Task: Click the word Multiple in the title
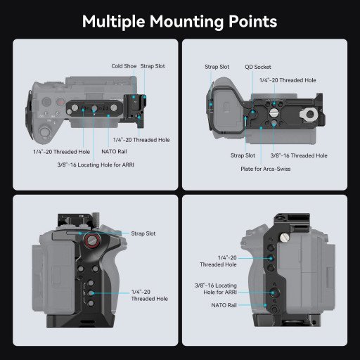click(x=113, y=21)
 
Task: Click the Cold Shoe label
click(x=124, y=66)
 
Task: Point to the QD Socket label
click(x=256, y=67)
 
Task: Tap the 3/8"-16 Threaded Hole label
click(x=299, y=155)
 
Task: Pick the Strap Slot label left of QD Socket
click(x=217, y=67)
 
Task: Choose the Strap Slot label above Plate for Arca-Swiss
click(x=244, y=155)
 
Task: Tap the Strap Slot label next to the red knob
click(x=143, y=233)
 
